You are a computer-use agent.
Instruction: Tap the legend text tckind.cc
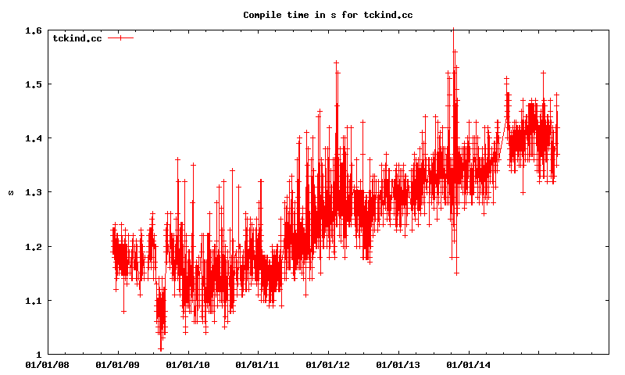[77, 37]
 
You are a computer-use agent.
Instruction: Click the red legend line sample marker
[120, 37]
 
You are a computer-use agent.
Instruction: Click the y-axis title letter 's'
[11, 192]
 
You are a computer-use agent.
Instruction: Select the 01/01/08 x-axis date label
[47, 364]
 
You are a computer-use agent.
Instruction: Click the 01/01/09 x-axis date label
[117, 364]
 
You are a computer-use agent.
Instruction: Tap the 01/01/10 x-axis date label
[187, 364]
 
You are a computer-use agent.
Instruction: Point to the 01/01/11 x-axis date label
[257, 364]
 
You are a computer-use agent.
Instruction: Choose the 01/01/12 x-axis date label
[327, 364]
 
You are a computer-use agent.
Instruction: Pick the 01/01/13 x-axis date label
[398, 364]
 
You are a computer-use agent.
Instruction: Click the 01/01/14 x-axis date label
[468, 364]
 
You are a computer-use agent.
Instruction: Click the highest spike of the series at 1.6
[453, 31]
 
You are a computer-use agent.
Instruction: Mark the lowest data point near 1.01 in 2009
[161, 348]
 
